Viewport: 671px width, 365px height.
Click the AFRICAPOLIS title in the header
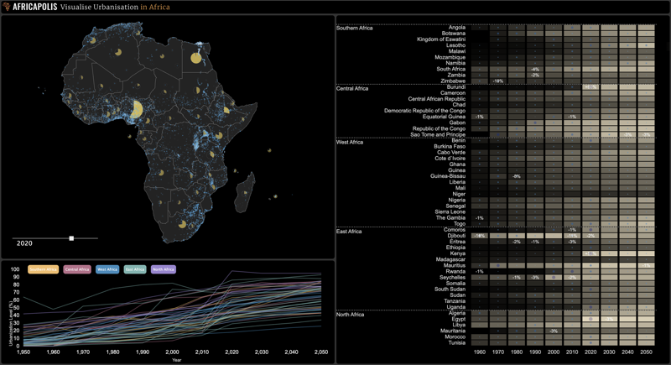click(34, 7)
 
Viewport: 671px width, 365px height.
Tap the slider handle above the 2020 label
click(71, 238)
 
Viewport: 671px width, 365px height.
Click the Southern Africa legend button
click(43, 269)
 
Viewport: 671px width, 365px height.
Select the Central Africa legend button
click(77, 269)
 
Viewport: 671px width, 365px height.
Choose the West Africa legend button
click(107, 269)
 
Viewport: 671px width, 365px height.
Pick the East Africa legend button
click(135, 269)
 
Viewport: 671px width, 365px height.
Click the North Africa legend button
click(163, 269)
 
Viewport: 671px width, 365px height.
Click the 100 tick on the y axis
click(14, 270)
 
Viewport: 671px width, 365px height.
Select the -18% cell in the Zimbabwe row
click(497, 81)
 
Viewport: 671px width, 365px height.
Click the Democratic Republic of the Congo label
click(424, 111)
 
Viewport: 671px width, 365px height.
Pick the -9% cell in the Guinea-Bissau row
click(516, 176)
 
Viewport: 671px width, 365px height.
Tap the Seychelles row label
click(451, 277)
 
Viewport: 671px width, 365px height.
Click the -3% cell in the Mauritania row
click(554, 331)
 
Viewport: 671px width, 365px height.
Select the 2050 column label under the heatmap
click(646, 353)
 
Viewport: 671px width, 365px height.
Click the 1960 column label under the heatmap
click(479, 353)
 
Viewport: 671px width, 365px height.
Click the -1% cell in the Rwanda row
click(479, 271)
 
